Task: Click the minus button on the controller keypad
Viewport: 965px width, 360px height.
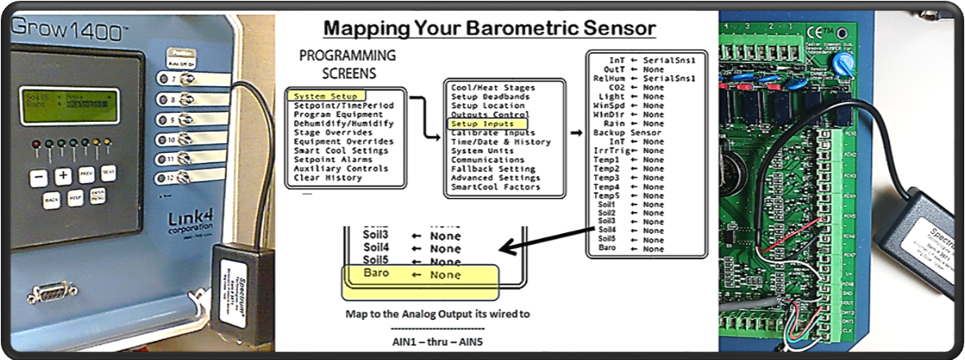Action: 38,176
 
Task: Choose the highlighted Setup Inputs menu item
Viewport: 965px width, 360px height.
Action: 482,124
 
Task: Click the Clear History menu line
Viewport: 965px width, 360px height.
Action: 328,178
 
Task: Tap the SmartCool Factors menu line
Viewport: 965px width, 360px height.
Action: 496,187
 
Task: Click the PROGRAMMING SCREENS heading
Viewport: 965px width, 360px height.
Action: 347,65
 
